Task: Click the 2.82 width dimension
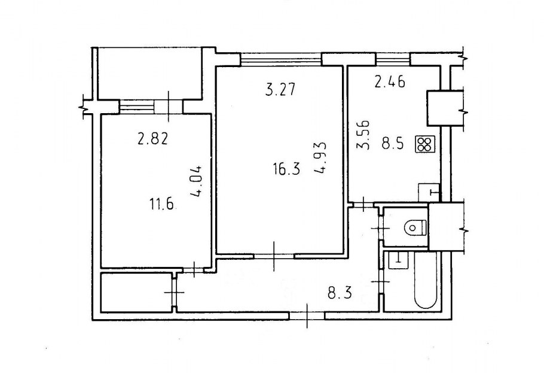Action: (x=153, y=139)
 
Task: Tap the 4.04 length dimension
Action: (x=196, y=181)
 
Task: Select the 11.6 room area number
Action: (x=161, y=204)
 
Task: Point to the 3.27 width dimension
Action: (x=280, y=89)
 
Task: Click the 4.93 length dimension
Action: (x=320, y=157)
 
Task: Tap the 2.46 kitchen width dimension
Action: (x=390, y=82)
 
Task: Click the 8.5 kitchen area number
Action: (x=393, y=144)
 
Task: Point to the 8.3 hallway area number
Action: (x=340, y=293)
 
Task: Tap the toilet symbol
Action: (x=415, y=228)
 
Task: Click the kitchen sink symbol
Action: (x=429, y=192)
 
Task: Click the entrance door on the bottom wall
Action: (x=307, y=316)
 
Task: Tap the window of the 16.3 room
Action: (x=281, y=59)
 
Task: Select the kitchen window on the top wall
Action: (x=393, y=59)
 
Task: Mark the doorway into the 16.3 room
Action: (x=274, y=256)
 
